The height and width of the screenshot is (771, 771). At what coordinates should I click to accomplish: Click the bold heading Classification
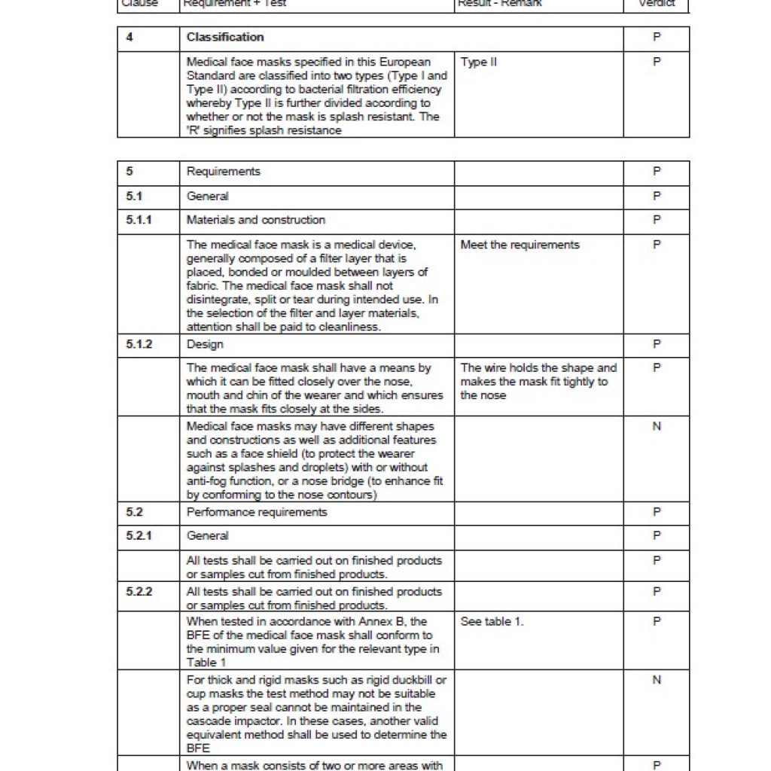(225, 37)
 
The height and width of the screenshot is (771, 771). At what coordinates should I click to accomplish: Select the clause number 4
(130, 37)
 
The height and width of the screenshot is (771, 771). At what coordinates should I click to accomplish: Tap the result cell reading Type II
(479, 62)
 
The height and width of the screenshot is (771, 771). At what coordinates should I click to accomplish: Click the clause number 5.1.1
(139, 220)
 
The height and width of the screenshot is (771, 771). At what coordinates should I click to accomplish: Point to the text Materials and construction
(256, 220)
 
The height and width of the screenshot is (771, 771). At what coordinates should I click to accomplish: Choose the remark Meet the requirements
(520, 245)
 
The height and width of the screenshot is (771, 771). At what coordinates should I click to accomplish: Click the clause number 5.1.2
(139, 344)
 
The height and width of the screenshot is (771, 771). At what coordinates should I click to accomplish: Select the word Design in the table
(205, 344)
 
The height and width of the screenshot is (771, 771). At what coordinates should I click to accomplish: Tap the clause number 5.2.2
(139, 592)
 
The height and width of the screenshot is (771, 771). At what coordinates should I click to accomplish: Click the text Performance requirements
(257, 512)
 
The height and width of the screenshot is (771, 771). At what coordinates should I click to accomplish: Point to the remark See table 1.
(492, 621)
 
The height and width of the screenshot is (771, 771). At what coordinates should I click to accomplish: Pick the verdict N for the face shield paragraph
(657, 426)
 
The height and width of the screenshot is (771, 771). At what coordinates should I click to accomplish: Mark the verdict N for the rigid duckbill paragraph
(657, 680)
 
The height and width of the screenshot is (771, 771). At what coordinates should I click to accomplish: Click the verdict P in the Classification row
(657, 37)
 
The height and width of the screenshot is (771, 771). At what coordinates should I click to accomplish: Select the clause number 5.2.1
(139, 535)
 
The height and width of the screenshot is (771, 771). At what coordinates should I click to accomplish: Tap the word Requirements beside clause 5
(223, 171)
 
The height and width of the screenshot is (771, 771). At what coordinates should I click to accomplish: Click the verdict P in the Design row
(657, 344)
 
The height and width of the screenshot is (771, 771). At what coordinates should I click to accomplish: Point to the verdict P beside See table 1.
(657, 621)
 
